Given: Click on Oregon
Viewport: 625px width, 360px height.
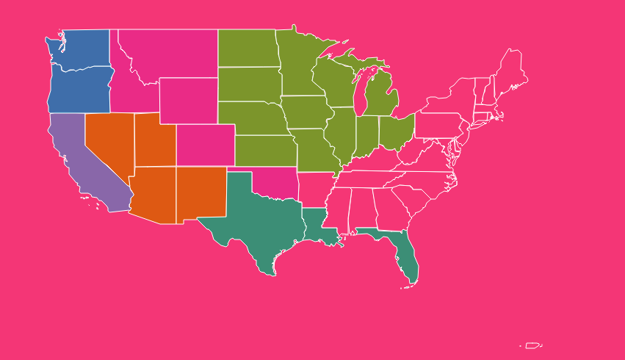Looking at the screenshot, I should (77, 90).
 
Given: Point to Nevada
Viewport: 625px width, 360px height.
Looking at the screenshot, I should (106, 143).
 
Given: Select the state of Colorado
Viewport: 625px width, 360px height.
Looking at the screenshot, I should (205, 145).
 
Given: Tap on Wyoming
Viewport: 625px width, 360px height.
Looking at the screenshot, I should (188, 101).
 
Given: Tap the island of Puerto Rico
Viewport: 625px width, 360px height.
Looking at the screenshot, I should (532, 345).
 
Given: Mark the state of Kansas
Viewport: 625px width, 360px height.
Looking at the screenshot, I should (264, 151).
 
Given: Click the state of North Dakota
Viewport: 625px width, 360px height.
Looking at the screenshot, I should (247, 48).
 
